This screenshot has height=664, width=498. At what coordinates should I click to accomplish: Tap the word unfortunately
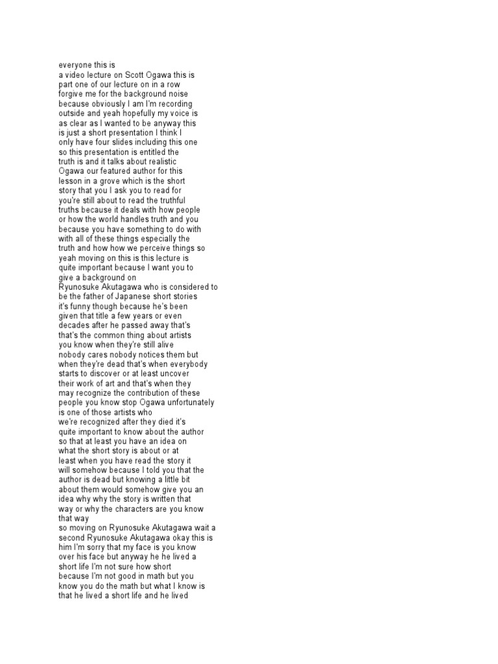tap(182, 403)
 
